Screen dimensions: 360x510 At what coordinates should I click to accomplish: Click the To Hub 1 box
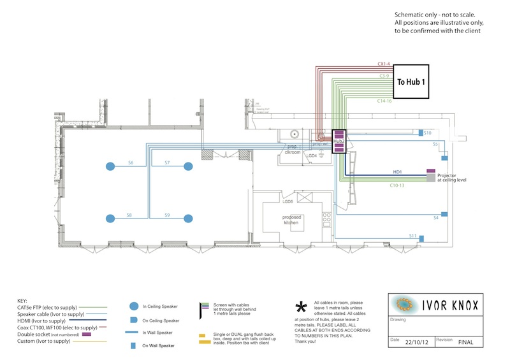pos(412,82)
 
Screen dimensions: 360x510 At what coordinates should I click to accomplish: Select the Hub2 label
pos(339,141)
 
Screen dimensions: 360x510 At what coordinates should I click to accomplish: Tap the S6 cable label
pos(130,163)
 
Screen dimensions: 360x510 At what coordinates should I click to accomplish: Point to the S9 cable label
pos(167,215)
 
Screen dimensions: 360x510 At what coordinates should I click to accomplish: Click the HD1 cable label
pos(397,172)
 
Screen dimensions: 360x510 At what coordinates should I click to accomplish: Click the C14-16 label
pos(384,101)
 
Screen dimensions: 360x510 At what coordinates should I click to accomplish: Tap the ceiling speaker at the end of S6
pos(110,166)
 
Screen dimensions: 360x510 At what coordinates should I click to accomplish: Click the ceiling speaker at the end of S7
pos(188,166)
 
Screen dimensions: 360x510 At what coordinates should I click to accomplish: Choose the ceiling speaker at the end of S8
pos(110,219)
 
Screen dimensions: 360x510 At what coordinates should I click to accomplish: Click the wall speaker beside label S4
pos(445,214)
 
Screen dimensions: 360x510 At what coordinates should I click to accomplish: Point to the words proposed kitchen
pos(292,220)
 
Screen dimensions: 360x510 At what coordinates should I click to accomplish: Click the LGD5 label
pos(288,201)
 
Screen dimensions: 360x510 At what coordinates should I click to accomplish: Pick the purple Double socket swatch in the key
pos(86,334)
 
